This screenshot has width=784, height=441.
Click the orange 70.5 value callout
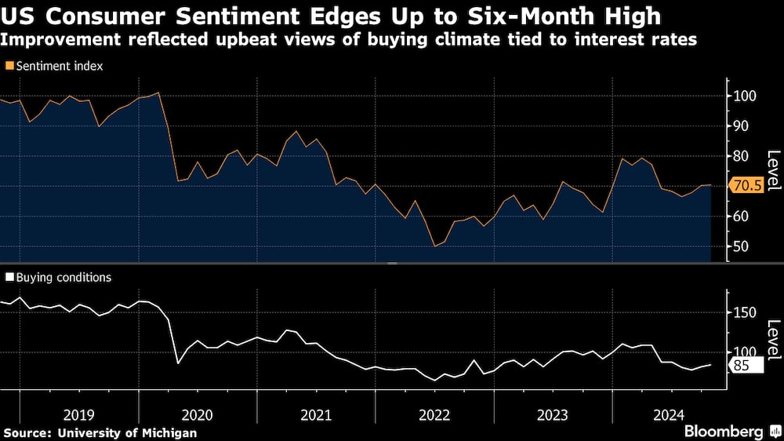[x=747, y=186]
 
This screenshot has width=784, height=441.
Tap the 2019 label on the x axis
[x=78, y=414]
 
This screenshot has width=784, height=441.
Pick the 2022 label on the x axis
[x=434, y=414]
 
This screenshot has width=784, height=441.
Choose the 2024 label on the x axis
[x=670, y=414]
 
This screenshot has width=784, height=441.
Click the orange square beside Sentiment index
[x=9, y=67]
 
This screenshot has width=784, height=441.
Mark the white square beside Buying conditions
[x=9, y=277]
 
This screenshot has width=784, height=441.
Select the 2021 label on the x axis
[x=315, y=414]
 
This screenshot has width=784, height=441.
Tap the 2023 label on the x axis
[x=552, y=414]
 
